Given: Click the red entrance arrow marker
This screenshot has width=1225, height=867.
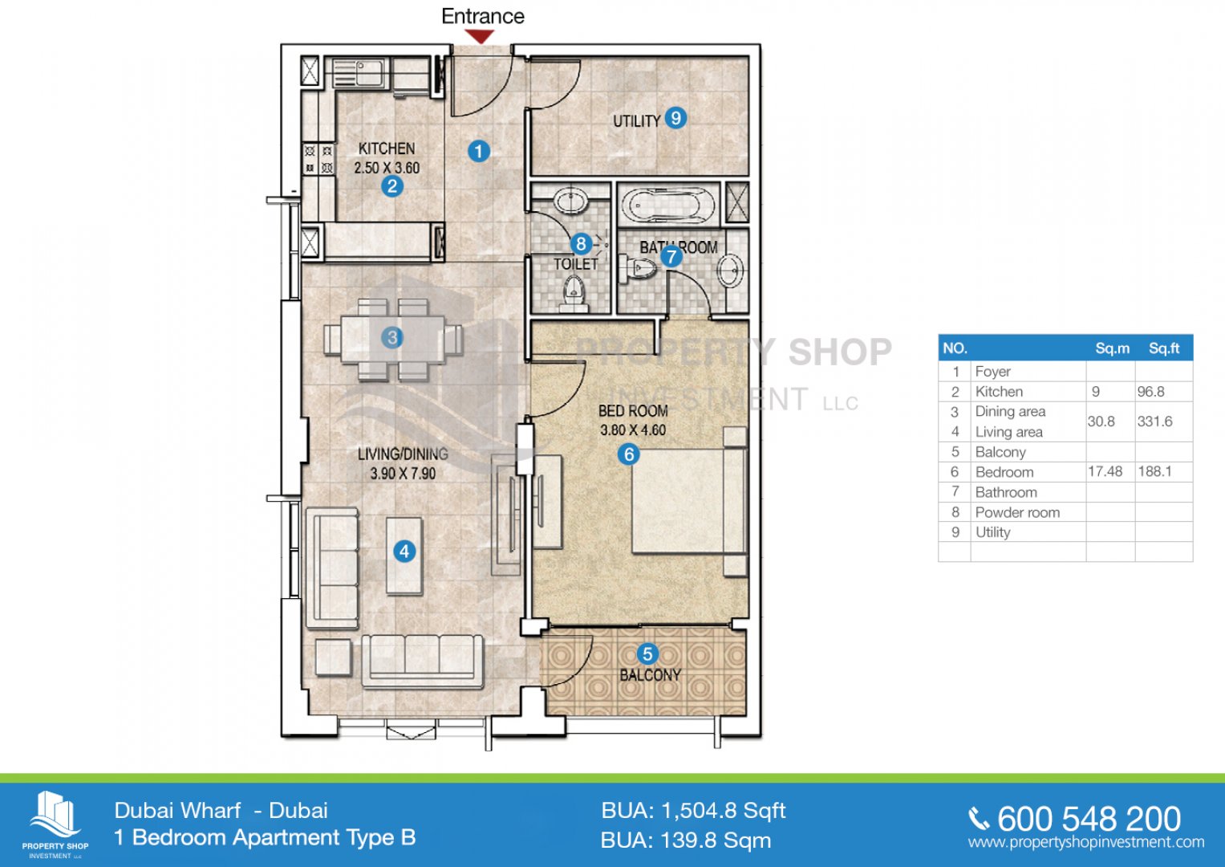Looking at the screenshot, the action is [481, 37].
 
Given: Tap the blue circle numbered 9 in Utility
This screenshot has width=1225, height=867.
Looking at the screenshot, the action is [676, 118].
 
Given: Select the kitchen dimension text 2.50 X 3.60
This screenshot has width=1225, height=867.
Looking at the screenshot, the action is [387, 168].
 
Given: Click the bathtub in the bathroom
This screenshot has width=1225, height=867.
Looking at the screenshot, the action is [667, 205].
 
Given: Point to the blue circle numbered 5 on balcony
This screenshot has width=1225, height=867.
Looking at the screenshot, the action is [647, 653].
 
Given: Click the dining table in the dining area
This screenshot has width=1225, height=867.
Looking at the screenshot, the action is [392, 339].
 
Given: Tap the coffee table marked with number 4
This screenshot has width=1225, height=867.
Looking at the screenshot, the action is [404, 556].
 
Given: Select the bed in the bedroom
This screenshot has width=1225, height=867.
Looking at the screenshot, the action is [689, 501].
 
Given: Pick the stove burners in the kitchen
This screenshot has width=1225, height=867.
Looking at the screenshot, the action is [318, 159].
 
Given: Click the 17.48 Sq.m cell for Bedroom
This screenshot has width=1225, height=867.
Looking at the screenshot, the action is [1105, 472].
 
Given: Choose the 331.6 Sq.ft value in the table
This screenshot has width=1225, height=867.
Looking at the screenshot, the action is [1155, 421].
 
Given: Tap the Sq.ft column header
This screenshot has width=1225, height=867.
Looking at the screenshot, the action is [1164, 348].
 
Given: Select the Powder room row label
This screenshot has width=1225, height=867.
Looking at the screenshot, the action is [1017, 512].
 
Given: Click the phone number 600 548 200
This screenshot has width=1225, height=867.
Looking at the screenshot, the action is [1089, 819].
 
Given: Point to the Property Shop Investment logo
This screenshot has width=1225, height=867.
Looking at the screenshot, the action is [55, 824].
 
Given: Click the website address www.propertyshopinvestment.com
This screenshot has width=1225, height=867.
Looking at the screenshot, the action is [1086, 842].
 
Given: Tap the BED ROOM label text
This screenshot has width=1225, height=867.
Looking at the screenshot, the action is [633, 410].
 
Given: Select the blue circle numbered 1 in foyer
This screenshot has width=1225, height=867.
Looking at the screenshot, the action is [478, 151].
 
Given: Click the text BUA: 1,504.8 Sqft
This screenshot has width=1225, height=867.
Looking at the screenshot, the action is [693, 811].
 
